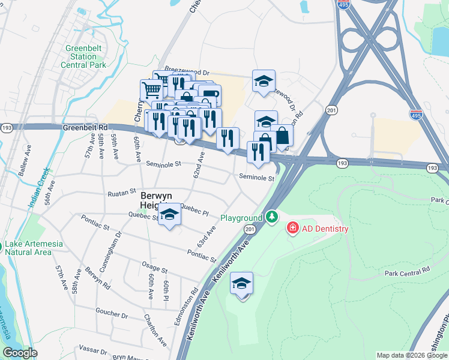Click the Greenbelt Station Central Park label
[86, 56]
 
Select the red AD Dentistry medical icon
[292, 229]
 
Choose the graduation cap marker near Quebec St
[170, 216]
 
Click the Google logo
[20, 352]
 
